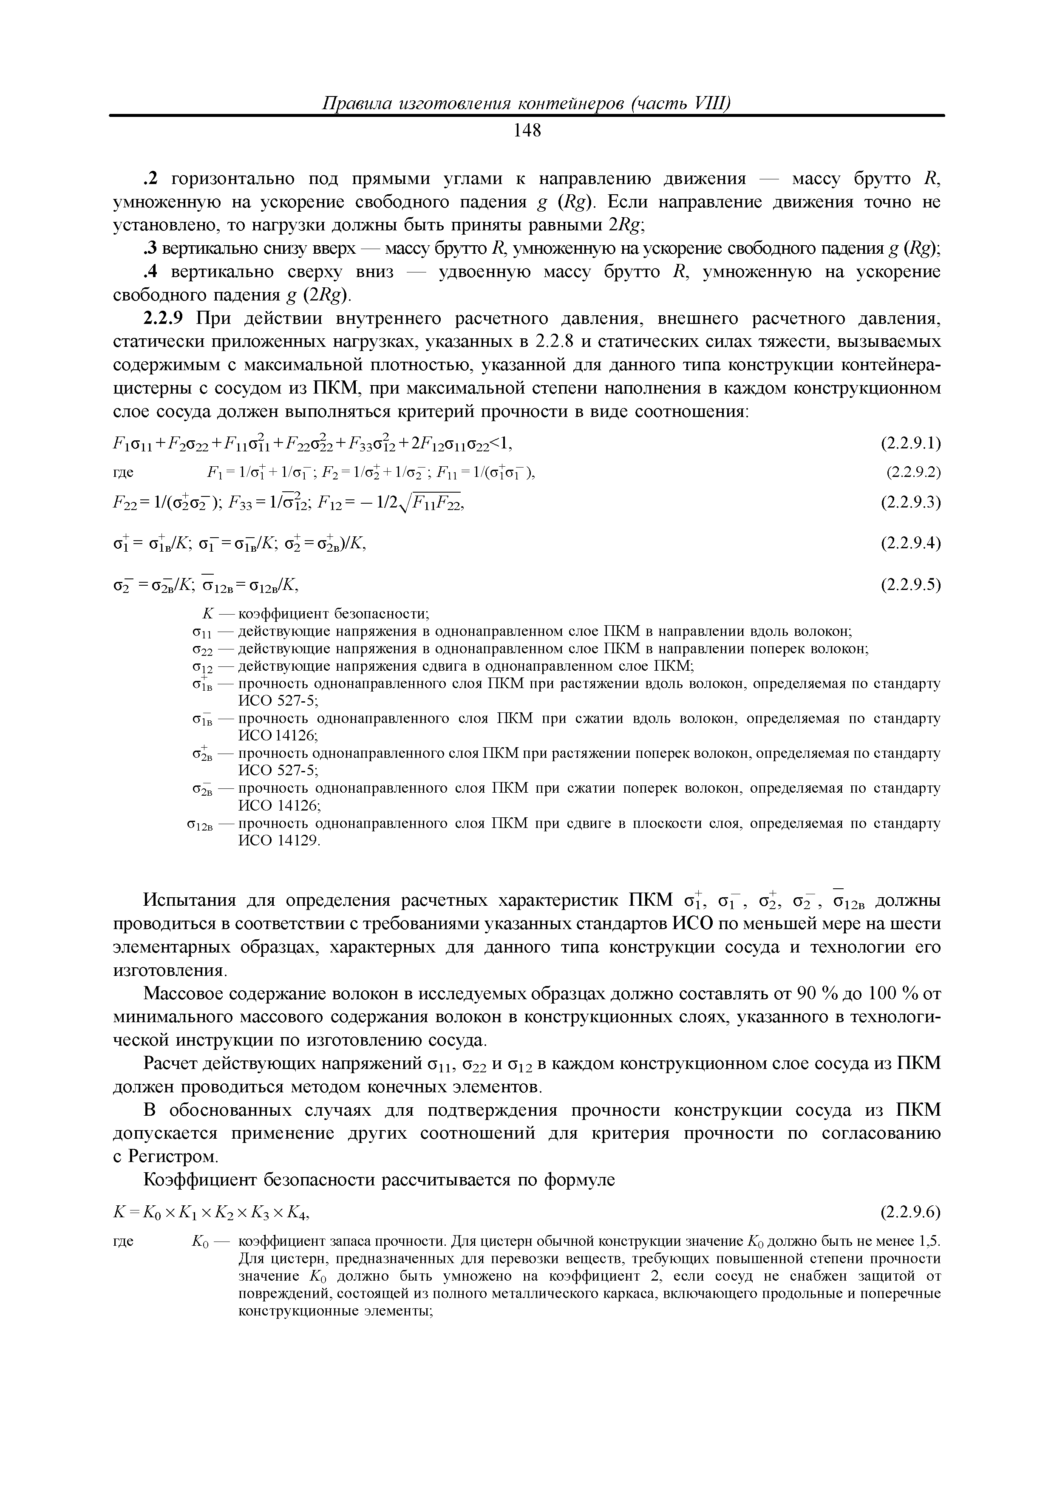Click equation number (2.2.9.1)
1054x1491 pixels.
(910, 444)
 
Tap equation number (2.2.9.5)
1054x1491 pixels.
(910, 585)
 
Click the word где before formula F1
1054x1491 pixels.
(123, 473)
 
